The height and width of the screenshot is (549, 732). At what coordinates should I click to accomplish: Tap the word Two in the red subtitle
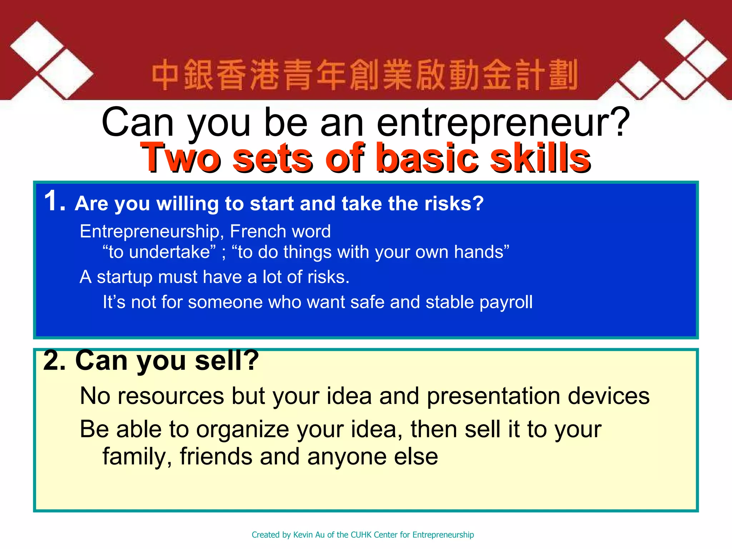pyautogui.click(x=180, y=158)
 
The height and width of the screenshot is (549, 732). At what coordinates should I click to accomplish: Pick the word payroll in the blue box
pyautogui.click(x=506, y=302)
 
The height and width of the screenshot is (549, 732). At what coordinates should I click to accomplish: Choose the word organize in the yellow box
pyautogui.click(x=243, y=429)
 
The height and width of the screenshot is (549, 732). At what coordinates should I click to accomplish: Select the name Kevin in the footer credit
pyautogui.click(x=302, y=535)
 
